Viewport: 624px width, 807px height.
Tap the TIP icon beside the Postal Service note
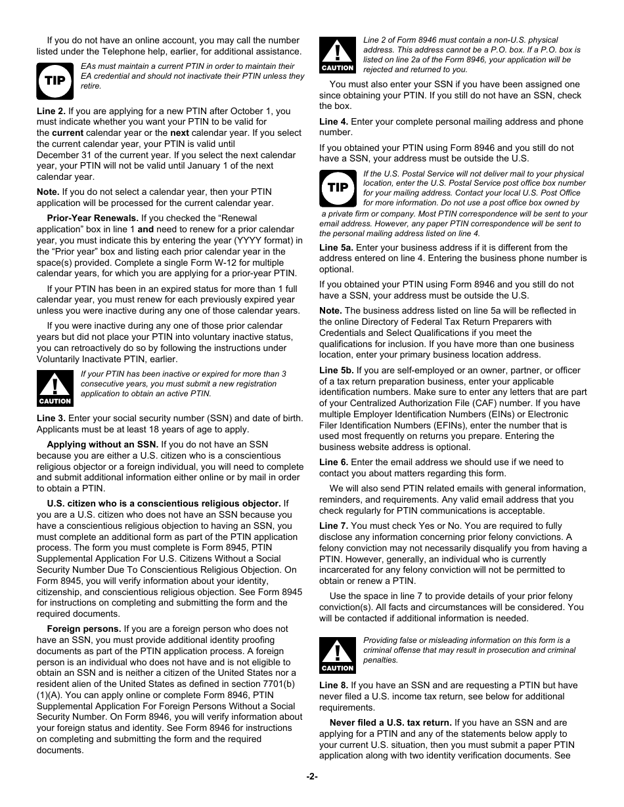coord(338,188)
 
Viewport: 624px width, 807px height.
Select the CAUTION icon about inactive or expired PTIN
coord(55,388)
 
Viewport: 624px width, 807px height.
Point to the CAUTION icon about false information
coord(338,655)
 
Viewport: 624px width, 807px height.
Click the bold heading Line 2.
coord(51,111)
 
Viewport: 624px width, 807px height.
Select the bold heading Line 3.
coord(51,419)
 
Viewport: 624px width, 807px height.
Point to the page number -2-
coord(312,777)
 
